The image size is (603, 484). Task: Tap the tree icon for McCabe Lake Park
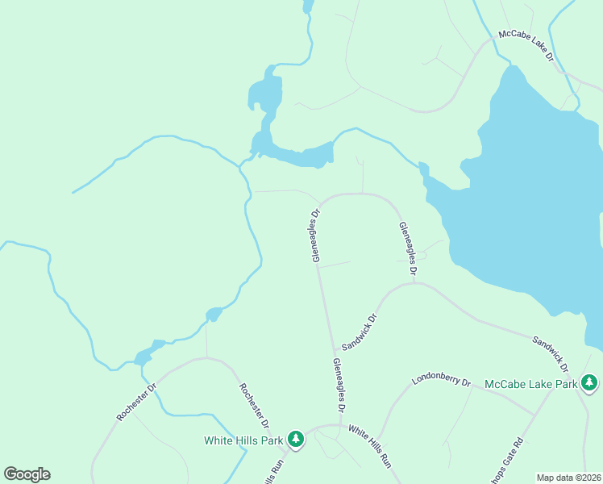[x=589, y=381]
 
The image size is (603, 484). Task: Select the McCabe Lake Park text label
[x=531, y=384]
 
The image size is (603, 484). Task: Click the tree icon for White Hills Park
[x=297, y=439]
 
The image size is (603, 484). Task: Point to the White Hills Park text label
[x=243, y=440]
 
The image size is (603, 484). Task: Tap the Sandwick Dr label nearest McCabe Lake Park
[x=551, y=353]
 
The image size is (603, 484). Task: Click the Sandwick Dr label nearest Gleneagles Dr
[x=360, y=332]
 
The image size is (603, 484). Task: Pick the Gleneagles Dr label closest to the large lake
[x=407, y=250]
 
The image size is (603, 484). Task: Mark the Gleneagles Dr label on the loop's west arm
[x=316, y=236]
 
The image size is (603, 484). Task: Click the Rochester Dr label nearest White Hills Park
[x=252, y=405]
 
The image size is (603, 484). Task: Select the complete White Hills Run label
[x=370, y=447]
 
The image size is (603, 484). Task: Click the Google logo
[x=27, y=474]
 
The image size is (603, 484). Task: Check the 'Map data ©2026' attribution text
[x=568, y=478]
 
